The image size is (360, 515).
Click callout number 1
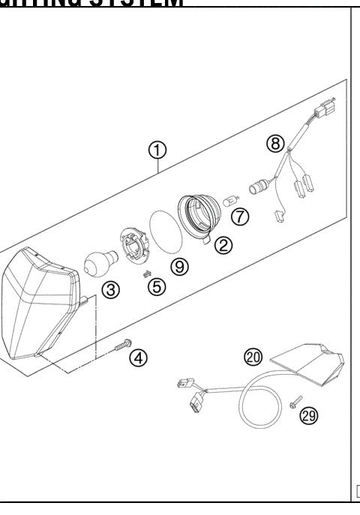tap(157, 151)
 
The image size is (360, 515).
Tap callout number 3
tap(110, 290)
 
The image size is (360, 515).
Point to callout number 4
tap(138, 358)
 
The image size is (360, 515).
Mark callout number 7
tap(239, 217)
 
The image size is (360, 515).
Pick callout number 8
tap(275, 142)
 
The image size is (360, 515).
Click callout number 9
tap(179, 265)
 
